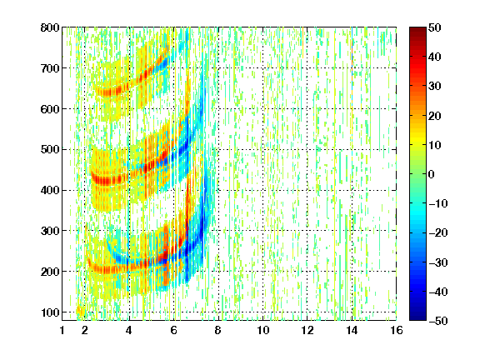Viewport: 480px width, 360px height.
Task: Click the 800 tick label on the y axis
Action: pos(50,27)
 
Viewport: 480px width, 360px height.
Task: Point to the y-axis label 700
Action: pos(50,68)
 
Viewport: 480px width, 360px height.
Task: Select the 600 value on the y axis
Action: pos(50,109)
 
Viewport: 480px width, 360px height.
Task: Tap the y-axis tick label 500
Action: pos(50,150)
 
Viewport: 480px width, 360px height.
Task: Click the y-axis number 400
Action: pos(50,190)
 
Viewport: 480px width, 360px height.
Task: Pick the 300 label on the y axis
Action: pos(50,231)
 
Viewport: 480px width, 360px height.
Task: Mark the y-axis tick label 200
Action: pos(50,272)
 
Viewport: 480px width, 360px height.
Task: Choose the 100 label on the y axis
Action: pos(50,312)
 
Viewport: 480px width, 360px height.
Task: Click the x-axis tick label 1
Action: pos(62,330)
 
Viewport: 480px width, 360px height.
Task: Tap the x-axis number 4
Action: pos(129,330)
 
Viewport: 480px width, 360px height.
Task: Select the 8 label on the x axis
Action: pos(217,330)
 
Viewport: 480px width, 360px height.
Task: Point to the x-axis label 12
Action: pos(307,330)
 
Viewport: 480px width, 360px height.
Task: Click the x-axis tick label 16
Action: pos(396,330)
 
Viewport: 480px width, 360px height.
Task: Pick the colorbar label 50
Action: pos(434,27)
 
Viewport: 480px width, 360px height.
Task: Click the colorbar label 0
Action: pos(432,174)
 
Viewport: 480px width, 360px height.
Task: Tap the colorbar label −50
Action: pos(438,321)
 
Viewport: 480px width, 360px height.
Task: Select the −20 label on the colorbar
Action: pos(438,232)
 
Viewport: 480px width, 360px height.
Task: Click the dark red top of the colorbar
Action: pos(417,31)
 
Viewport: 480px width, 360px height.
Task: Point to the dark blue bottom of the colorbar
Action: pos(417,317)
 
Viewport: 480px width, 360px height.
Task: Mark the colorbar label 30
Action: pos(434,87)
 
